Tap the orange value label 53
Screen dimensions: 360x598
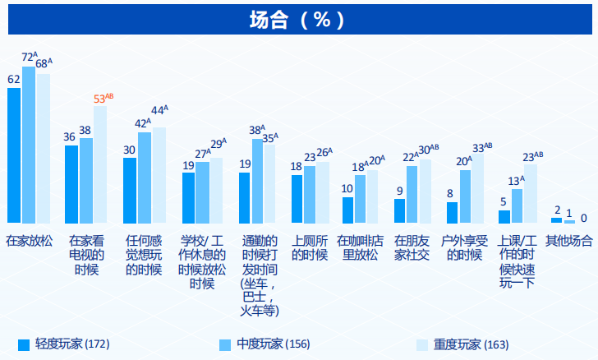tap(100, 99)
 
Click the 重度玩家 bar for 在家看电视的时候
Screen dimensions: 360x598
tap(100, 164)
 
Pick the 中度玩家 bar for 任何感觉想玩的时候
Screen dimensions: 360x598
tap(145, 178)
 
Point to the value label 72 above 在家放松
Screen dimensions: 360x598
tap(27, 58)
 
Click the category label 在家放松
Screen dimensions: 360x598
tap(29, 241)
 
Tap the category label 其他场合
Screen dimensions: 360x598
tap(568, 241)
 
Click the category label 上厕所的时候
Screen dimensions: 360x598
tap(310, 247)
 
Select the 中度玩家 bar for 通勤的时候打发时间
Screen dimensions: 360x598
tap(257, 181)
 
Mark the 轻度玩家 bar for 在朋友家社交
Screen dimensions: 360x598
tap(399, 210)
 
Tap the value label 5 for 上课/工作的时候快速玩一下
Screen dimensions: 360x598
tap(503, 201)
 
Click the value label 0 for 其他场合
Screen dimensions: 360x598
tap(583, 218)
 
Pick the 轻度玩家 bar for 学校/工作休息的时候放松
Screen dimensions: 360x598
tap(188, 198)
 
